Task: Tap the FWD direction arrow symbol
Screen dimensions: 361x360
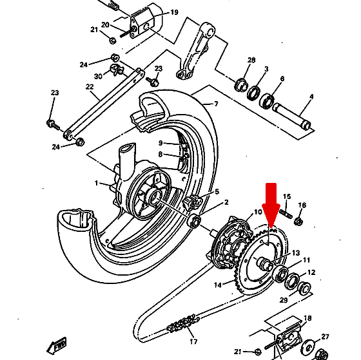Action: (57, 345)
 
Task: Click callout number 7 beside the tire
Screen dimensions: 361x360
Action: (216, 104)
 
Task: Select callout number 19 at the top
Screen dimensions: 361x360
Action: (174, 12)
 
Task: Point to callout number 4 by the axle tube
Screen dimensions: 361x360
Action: (311, 97)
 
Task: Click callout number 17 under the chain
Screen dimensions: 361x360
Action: (193, 341)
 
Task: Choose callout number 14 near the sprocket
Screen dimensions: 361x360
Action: (218, 285)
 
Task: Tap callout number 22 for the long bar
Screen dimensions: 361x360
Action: (90, 87)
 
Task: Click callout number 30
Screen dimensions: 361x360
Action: (98, 76)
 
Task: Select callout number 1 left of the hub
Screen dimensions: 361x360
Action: (97, 183)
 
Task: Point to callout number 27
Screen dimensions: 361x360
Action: (325, 337)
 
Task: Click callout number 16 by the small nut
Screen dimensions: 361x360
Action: (302, 205)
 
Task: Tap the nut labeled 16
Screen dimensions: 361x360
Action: (298, 222)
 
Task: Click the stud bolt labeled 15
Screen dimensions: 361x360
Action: (286, 213)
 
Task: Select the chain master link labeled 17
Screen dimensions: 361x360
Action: (184, 322)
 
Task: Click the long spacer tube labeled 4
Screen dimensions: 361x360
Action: (292, 117)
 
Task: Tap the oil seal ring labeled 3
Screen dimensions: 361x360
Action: (254, 93)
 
